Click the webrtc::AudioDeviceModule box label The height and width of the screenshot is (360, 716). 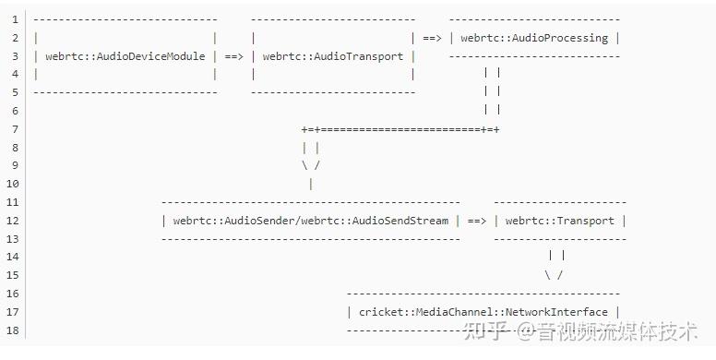125,56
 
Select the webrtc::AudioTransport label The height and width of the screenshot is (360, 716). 333,56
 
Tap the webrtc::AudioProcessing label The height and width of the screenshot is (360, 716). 534,38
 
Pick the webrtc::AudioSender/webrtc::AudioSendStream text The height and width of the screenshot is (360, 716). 311,221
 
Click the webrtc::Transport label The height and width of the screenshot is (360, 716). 559,221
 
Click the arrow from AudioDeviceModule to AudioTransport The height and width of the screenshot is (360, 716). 233,56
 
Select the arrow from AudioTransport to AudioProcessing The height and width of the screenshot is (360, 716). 432,38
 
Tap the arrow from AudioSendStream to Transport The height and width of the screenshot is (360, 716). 476,221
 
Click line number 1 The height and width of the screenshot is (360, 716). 15,19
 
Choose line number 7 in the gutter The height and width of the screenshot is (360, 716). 15,129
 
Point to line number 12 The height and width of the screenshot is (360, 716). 12,221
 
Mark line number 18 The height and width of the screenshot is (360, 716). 12,330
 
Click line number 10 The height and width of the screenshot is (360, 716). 12,184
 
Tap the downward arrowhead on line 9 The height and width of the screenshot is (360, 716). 311,165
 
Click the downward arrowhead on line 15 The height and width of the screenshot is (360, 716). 554,275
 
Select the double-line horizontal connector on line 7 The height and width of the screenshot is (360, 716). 400,129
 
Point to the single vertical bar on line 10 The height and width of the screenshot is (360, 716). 311,184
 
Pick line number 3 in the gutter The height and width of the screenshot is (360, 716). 15,56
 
